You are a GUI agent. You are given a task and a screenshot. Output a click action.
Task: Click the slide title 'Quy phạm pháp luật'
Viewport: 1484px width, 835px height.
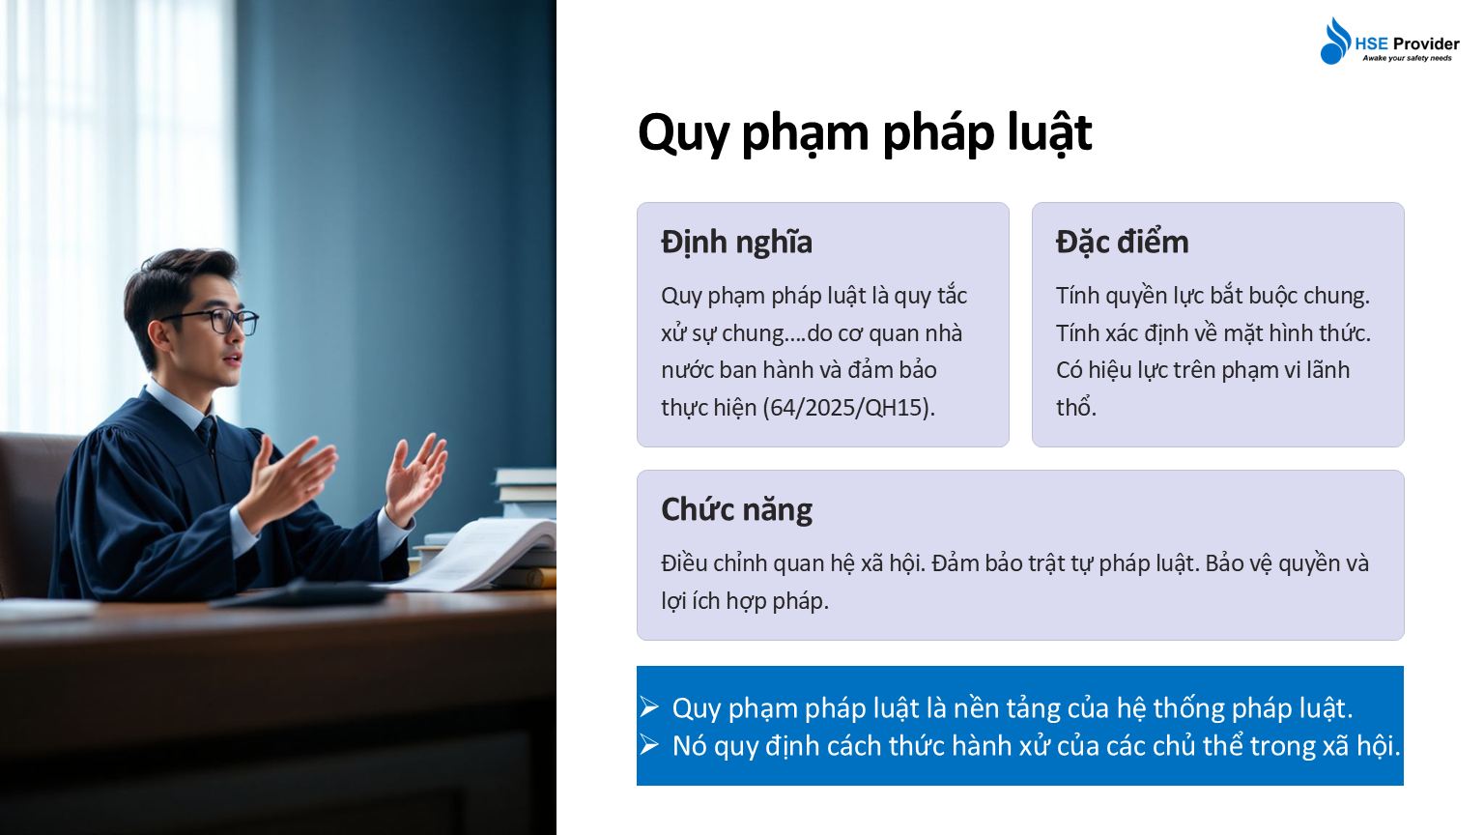[x=865, y=134]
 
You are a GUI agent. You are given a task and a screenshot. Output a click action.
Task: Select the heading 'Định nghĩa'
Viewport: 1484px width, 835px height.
[x=736, y=243]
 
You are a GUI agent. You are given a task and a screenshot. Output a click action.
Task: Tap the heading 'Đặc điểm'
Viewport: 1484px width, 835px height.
[x=1122, y=242]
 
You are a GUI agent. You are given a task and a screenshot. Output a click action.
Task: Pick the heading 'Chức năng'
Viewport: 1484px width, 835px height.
[x=736, y=510]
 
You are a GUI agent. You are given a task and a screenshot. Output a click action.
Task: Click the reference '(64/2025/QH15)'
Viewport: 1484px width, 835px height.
[x=848, y=408]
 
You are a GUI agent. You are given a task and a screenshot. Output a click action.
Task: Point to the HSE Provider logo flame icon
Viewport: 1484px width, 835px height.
[x=1335, y=42]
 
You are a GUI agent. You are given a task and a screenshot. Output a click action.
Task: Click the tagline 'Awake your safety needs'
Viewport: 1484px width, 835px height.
[x=1407, y=58]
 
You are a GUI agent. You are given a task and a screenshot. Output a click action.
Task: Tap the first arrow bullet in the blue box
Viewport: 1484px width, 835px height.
[x=648, y=707]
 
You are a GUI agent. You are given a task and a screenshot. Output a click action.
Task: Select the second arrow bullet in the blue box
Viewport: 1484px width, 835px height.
[x=648, y=745]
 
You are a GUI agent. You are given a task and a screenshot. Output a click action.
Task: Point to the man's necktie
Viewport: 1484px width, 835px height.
[x=208, y=433]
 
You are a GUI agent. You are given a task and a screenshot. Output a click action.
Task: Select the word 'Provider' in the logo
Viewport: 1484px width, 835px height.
[x=1426, y=43]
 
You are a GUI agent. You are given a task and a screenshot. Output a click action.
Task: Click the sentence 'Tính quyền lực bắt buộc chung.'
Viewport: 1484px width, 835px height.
[x=1213, y=296]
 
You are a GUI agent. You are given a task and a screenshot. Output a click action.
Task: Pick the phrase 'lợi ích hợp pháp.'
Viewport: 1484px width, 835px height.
[x=745, y=601]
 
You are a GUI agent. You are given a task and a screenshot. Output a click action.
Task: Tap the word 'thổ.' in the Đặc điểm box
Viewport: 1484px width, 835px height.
[x=1076, y=408]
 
